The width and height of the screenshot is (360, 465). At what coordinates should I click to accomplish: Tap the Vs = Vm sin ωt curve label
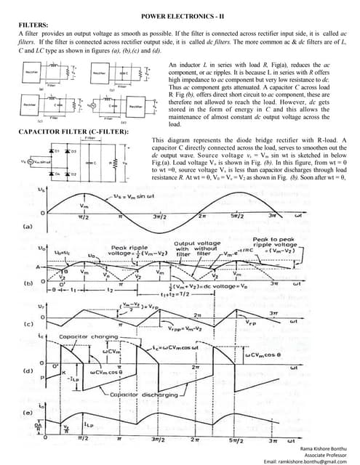138,199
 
